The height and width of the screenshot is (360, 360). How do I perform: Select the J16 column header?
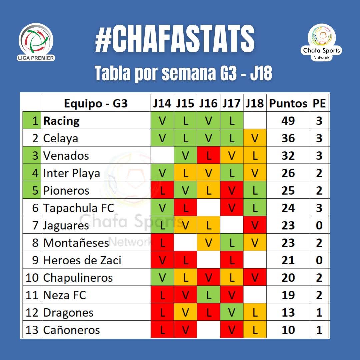pos(208,103)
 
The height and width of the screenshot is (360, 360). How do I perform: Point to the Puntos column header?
pos(288,103)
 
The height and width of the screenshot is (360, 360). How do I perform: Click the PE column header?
pos(319,103)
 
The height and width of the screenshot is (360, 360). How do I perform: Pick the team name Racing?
pos(61,121)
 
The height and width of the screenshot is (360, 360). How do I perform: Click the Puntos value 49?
pos(288,121)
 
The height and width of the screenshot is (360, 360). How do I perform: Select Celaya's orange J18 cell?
pos(255,138)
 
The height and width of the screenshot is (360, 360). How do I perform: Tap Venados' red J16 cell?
pos(208,156)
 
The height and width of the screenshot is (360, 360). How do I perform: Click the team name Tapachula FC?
pos(79,208)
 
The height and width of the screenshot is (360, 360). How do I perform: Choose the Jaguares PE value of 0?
pos(319,225)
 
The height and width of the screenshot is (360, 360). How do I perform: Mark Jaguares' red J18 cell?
pos(255,225)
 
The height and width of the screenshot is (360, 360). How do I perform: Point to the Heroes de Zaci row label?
pos(82,260)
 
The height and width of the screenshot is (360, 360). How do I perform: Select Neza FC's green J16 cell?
pos(208,295)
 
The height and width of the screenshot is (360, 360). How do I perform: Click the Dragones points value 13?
pos(288,313)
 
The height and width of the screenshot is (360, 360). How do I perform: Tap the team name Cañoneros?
pos(72,330)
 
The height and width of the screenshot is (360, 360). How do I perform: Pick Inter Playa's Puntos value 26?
pos(288,173)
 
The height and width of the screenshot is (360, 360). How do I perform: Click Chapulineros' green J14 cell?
pos(162,278)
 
